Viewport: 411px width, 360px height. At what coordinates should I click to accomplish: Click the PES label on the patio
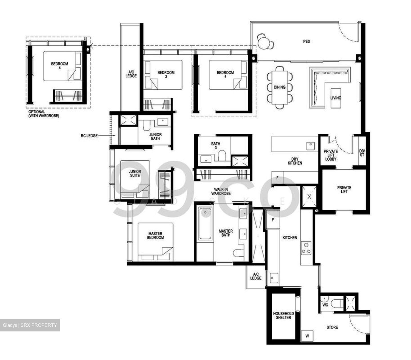[306, 41]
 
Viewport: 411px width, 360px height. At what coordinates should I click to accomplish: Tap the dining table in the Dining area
[279, 87]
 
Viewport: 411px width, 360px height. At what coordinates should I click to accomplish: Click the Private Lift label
[344, 189]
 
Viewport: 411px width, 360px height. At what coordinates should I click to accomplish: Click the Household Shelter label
[283, 315]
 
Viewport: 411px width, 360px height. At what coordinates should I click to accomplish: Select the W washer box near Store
[307, 336]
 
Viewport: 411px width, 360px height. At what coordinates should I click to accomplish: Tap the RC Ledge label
[89, 136]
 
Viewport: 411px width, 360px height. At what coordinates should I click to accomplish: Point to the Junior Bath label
[156, 136]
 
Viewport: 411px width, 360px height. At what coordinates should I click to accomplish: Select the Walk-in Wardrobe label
[221, 191]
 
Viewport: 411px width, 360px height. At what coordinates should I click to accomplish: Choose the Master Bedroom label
[156, 235]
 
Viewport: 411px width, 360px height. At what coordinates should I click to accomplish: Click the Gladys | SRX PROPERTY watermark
[30, 325]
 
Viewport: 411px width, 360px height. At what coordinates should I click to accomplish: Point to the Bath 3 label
[215, 146]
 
